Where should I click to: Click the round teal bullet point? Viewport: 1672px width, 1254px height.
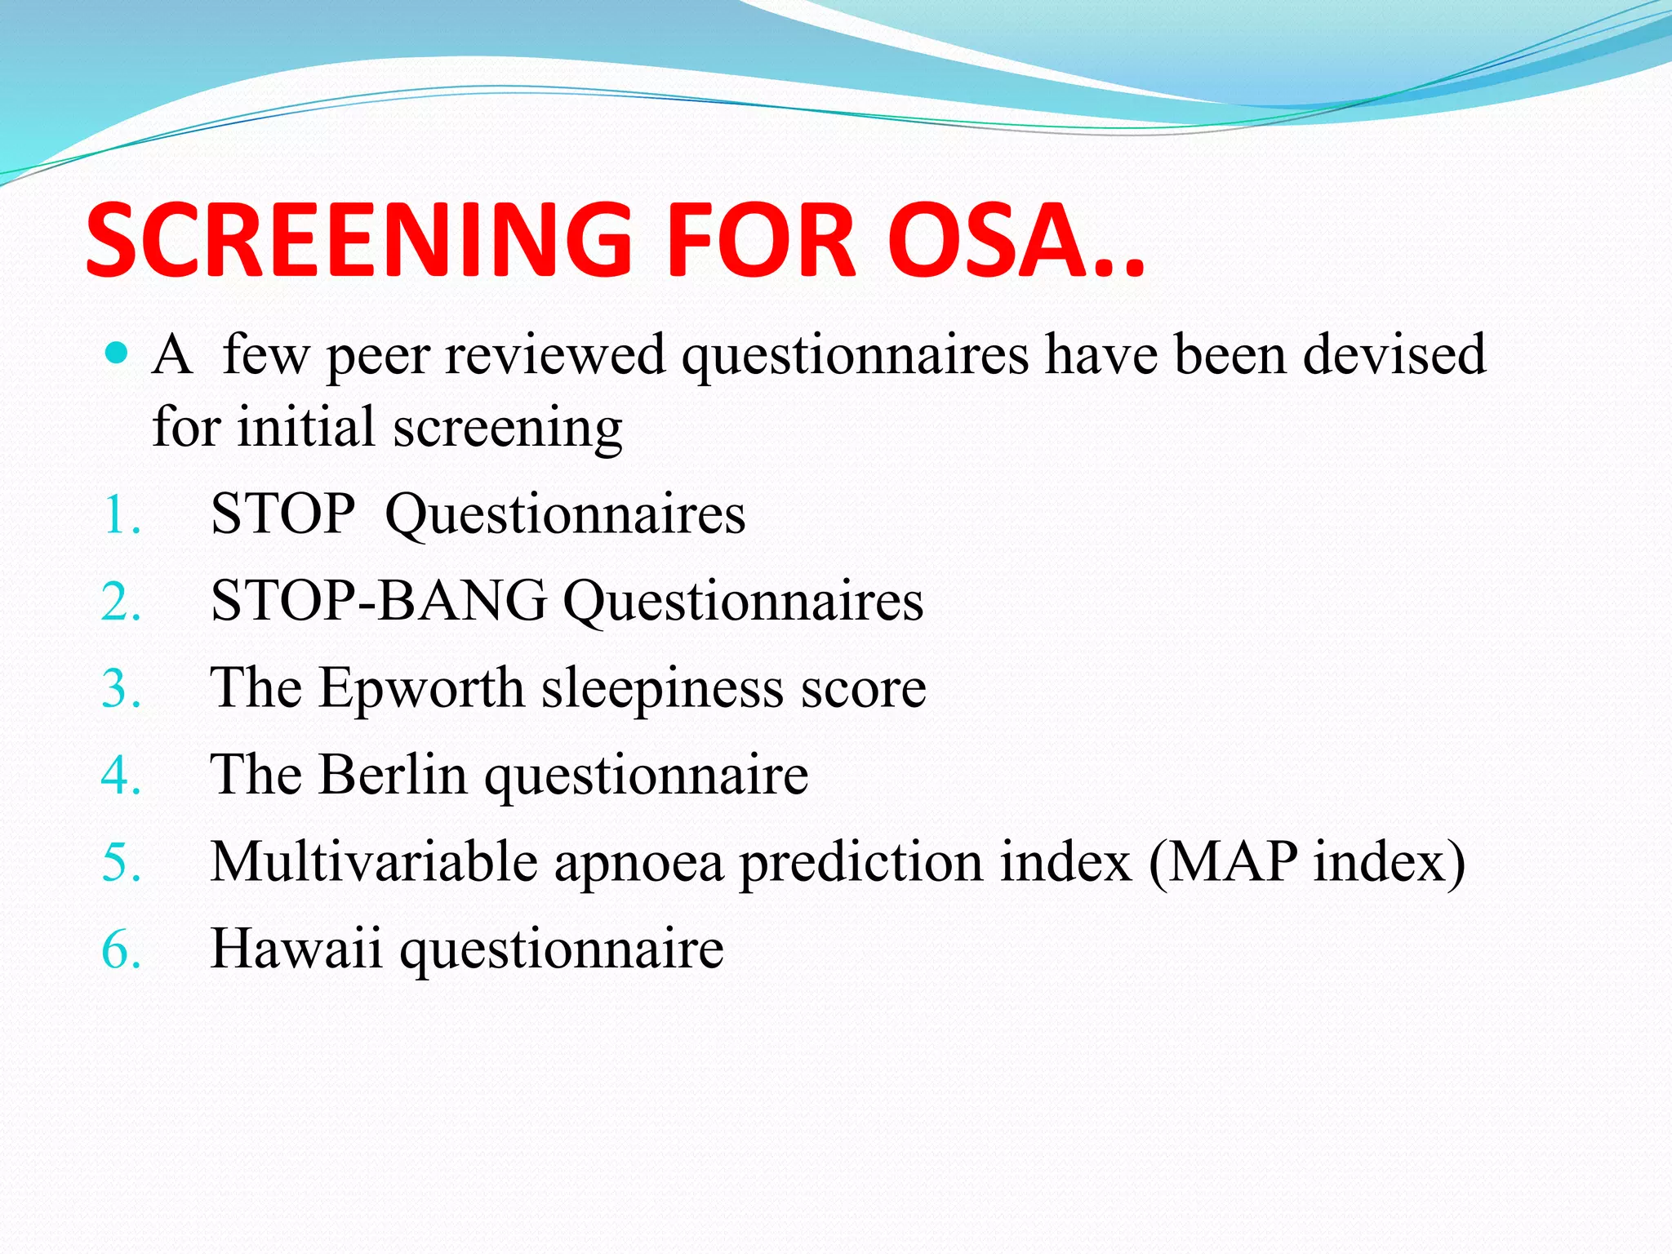(x=118, y=354)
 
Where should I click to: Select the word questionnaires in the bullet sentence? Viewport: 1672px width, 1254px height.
(x=855, y=357)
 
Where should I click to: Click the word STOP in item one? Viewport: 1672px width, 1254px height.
(x=282, y=515)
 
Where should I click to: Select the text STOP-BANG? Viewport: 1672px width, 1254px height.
(x=378, y=602)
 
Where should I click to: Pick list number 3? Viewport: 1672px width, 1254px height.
(x=121, y=690)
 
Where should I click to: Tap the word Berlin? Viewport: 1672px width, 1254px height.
(x=393, y=775)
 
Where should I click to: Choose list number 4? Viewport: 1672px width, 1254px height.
(x=121, y=776)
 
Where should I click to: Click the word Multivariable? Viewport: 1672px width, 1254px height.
(x=374, y=862)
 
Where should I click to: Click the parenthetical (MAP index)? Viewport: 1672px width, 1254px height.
(x=1306, y=862)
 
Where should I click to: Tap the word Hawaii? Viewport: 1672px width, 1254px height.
(x=296, y=949)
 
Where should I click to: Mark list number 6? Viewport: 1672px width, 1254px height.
(x=121, y=952)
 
